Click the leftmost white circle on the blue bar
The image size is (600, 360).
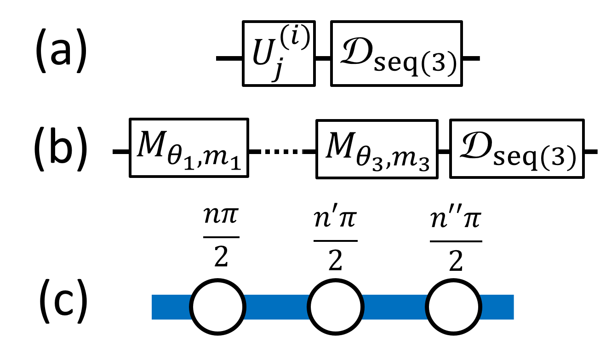[217, 307]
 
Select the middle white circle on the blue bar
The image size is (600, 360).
[336, 307]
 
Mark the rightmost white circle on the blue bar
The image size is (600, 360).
[454, 307]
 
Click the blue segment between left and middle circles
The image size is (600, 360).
[276, 307]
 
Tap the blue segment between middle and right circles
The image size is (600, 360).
[394, 307]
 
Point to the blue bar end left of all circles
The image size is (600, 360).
[170, 307]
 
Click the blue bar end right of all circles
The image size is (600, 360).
[497, 307]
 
